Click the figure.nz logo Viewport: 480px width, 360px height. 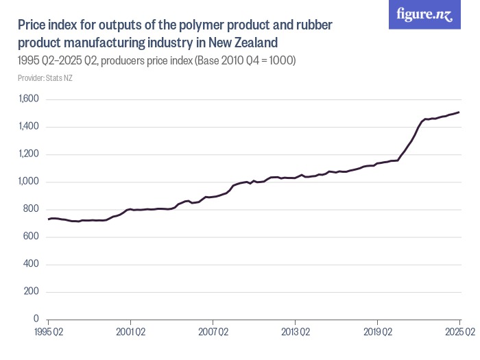click(424, 14)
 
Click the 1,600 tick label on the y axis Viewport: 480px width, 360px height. click(29, 99)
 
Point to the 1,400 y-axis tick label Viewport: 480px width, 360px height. click(29, 127)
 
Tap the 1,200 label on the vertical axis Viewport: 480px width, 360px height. click(29, 154)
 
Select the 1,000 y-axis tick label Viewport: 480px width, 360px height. click(29, 182)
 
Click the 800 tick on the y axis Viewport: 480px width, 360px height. click(32, 209)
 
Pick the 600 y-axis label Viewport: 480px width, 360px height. click(32, 237)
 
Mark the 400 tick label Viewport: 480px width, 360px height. click(32, 264)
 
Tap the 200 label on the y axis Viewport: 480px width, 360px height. click(32, 291)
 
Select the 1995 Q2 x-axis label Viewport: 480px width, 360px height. click(48, 332)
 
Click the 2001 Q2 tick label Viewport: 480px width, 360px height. click(130, 332)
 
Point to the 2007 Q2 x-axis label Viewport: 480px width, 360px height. click(213, 332)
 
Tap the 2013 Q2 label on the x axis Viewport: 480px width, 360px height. click(295, 332)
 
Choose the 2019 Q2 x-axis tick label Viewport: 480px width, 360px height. click(377, 332)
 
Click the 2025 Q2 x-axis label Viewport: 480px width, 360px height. click(459, 332)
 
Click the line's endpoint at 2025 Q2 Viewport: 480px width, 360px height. click(459, 112)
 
